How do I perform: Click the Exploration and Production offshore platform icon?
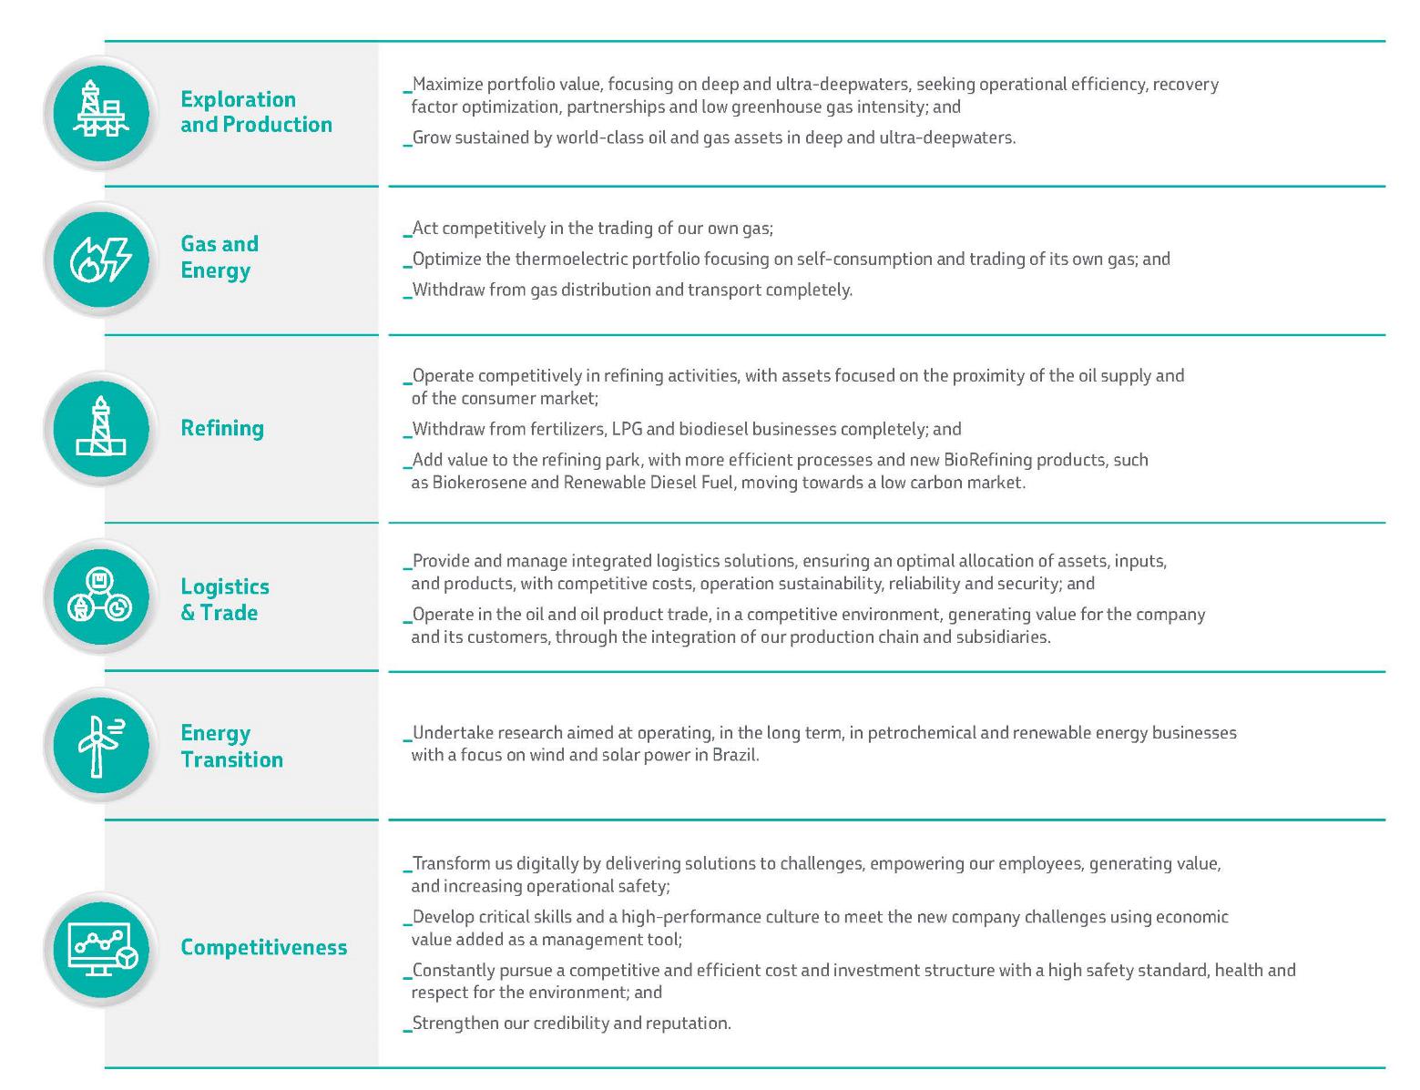[x=100, y=112]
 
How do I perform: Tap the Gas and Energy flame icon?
[x=100, y=260]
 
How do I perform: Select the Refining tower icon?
[x=100, y=428]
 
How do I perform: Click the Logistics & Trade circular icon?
[x=100, y=596]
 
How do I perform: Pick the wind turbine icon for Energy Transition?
[x=100, y=746]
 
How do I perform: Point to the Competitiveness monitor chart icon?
[x=100, y=948]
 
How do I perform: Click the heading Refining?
[x=222, y=428]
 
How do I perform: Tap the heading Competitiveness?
[x=263, y=947]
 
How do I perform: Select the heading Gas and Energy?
[x=219, y=257]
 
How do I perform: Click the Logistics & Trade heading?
[x=224, y=599]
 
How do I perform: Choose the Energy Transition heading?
[x=231, y=746]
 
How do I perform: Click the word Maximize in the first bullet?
[x=446, y=85]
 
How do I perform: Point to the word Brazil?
[x=736, y=755]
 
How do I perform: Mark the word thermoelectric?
[x=569, y=260]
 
